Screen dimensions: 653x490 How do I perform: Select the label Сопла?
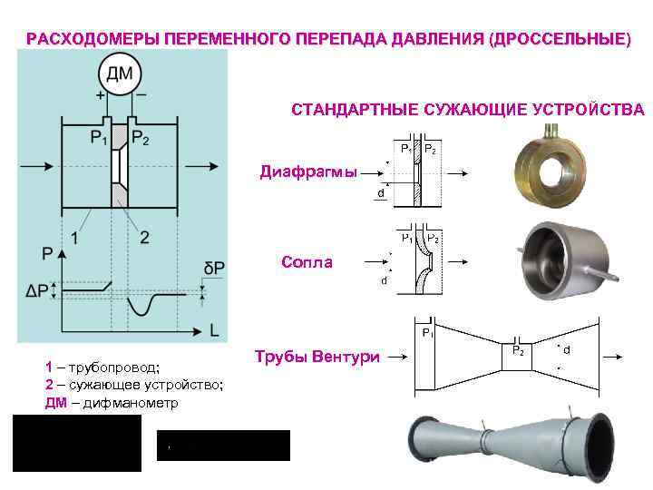point(307,262)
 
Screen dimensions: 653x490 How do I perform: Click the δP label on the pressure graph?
point(215,269)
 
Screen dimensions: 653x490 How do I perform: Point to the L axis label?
point(214,332)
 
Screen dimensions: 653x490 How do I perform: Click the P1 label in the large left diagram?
point(99,139)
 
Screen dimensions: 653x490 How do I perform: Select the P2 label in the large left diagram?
point(141,139)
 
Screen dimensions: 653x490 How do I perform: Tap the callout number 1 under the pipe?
point(73,237)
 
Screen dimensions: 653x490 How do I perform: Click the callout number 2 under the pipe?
point(144,237)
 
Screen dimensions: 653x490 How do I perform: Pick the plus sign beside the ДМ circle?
point(99,93)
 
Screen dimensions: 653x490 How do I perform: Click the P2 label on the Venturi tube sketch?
point(518,349)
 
